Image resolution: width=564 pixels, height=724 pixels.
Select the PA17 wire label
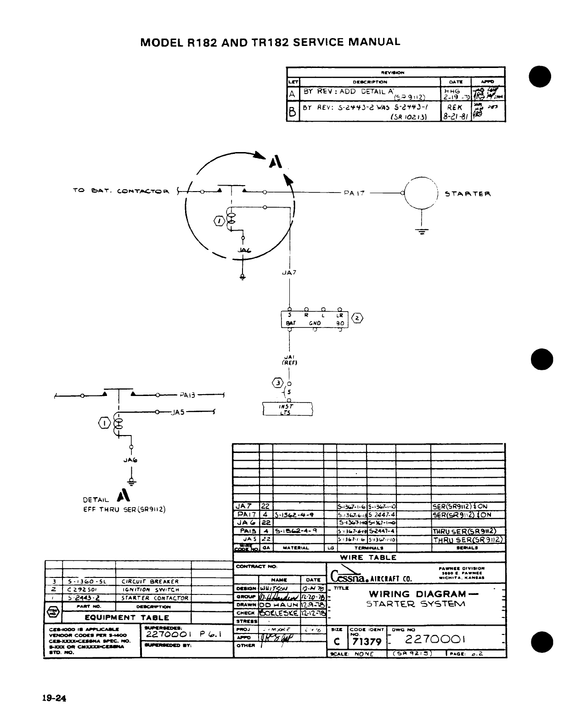pyautogui.click(x=354, y=193)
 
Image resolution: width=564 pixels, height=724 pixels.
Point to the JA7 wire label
pyautogui.click(x=289, y=272)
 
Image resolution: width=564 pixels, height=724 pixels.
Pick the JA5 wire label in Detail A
pyautogui.click(x=177, y=412)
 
